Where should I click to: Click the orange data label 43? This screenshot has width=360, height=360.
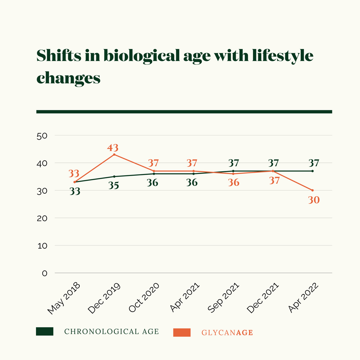click(x=113, y=148)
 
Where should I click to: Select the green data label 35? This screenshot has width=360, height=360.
click(x=113, y=185)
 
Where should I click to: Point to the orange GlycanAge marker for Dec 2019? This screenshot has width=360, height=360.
click(x=114, y=155)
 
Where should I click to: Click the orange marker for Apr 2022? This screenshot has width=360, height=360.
click(x=312, y=190)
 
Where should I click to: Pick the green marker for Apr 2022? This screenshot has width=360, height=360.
click(x=312, y=171)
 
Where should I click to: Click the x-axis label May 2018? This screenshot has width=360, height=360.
click(x=64, y=298)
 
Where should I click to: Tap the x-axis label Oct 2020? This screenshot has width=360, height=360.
click(x=144, y=298)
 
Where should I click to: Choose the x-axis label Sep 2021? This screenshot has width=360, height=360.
click(x=223, y=298)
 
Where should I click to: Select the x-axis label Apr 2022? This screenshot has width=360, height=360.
click(x=304, y=298)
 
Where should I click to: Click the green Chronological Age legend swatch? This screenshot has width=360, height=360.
click(x=45, y=331)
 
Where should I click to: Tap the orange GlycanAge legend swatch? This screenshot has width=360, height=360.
click(x=182, y=332)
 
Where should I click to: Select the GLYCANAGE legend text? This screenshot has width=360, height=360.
click(x=227, y=332)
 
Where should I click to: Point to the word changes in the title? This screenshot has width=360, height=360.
click(x=68, y=78)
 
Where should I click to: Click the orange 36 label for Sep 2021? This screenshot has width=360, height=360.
click(x=233, y=183)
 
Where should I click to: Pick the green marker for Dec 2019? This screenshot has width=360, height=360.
click(x=114, y=177)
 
